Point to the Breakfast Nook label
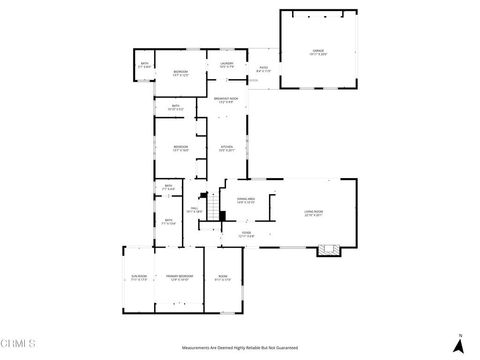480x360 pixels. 226,100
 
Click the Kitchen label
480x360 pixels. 227,148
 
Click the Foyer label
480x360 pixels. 246,234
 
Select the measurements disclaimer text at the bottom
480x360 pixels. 239,347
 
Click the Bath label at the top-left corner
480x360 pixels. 145,66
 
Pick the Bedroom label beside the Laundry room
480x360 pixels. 180,73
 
